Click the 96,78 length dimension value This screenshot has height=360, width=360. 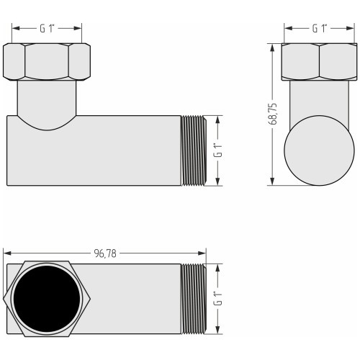(105, 253)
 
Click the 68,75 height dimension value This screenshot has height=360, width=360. (272, 114)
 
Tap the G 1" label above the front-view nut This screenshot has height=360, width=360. (47, 29)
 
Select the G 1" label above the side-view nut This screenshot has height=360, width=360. (320, 29)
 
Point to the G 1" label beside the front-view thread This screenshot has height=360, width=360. (218, 150)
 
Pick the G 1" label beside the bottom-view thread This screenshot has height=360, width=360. (218, 298)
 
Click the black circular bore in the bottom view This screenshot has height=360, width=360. (47, 299)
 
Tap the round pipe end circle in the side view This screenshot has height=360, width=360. (319, 150)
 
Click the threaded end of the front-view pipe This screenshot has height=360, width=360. (194, 150)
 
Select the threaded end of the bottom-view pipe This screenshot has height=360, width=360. (194, 299)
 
